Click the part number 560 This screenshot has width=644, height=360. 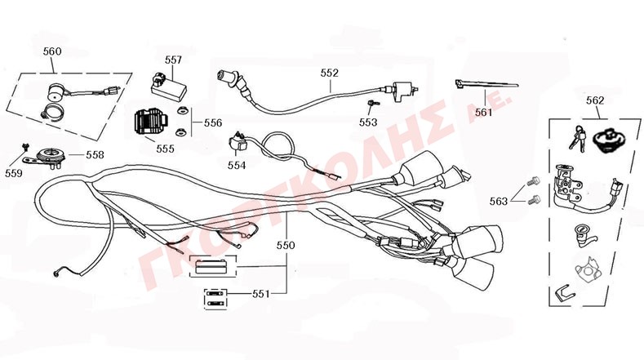click(51, 51)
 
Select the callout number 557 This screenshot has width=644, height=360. click(173, 60)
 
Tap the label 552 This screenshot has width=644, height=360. click(330, 73)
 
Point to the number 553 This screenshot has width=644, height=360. click(368, 122)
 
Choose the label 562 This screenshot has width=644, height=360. click(595, 100)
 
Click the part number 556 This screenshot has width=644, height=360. click(212, 122)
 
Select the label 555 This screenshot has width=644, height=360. click(165, 149)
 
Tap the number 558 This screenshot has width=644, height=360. click(95, 153)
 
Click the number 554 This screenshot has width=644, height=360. click(237, 165)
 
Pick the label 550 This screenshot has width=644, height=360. click(286, 244)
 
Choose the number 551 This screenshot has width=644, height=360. click(260, 293)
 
